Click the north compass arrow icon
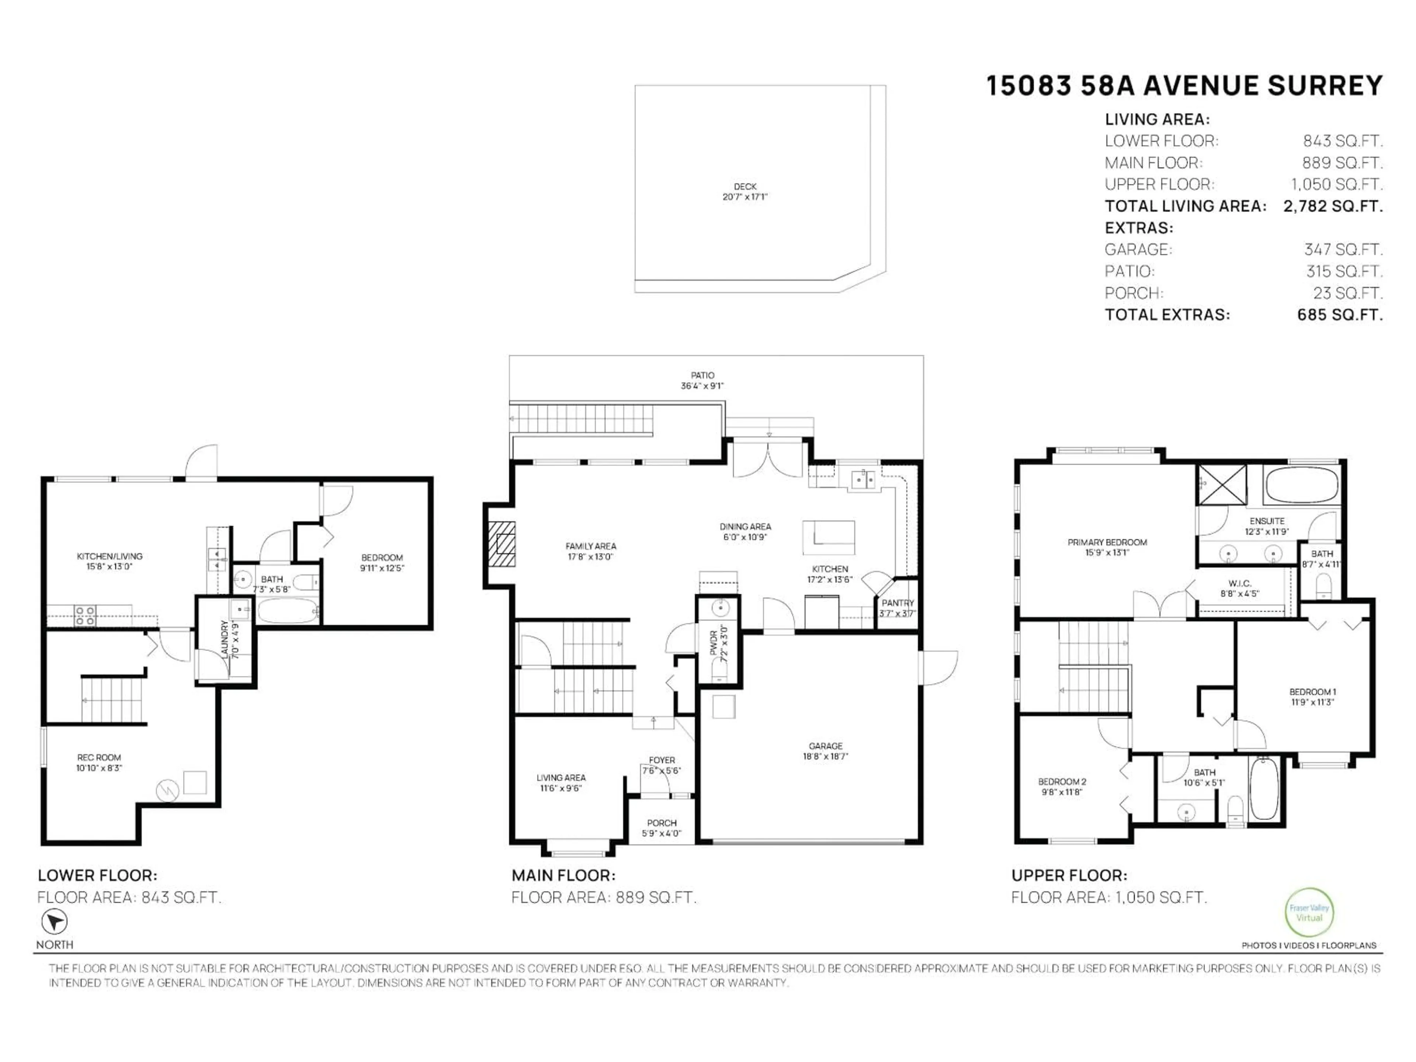pyautogui.click(x=55, y=922)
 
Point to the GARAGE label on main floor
pyautogui.click(x=825, y=751)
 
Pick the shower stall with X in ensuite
pyautogui.click(x=1222, y=485)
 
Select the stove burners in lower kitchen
pyautogui.click(x=85, y=616)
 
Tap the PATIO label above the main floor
pyautogui.click(x=702, y=380)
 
